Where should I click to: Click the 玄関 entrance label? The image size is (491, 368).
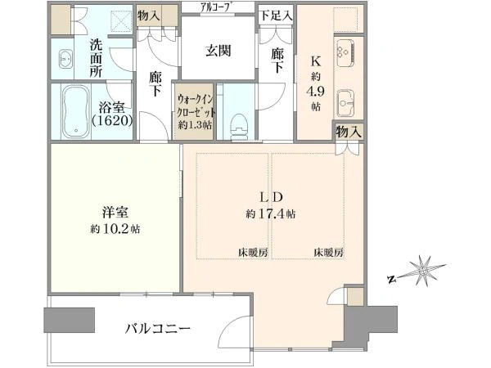[218, 51]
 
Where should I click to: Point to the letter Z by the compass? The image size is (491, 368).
[391, 280]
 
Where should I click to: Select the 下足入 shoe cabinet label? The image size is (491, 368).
[272, 16]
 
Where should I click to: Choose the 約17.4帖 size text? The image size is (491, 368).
[271, 214]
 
